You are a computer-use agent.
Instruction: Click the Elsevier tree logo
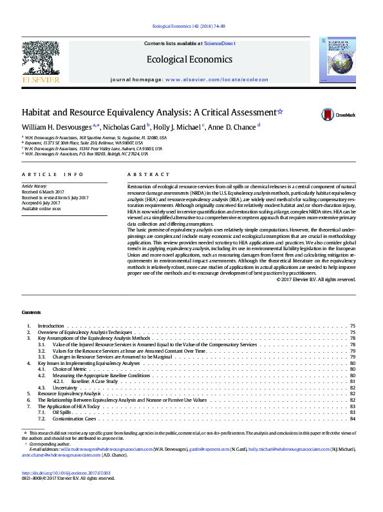(x=41, y=63)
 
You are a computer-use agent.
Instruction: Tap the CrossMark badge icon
(x=328, y=115)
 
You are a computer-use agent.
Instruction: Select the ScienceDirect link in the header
(x=220, y=43)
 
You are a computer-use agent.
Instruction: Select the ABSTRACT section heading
(x=148, y=175)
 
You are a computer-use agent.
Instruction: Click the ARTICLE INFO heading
(x=53, y=175)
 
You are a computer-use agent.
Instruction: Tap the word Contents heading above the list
(x=31, y=312)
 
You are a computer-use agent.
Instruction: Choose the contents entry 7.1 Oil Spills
(x=62, y=411)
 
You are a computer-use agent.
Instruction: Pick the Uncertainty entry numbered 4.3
(x=65, y=387)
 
